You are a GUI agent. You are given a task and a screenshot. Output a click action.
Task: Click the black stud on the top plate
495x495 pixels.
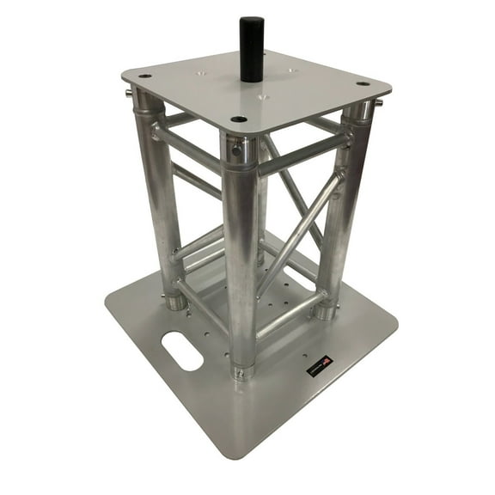click(x=251, y=49)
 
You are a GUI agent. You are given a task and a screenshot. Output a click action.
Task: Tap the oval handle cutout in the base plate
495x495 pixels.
click(x=182, y=352)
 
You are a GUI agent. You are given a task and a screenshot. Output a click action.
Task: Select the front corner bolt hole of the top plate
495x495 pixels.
click(x=239, y=119)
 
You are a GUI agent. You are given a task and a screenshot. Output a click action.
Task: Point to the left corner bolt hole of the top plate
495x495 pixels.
click(x=144, y=76)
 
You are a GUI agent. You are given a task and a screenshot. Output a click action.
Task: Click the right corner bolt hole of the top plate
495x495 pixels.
click(x=364, y=83)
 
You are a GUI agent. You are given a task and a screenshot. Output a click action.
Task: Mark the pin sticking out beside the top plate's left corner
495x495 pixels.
click(x=128, y=93)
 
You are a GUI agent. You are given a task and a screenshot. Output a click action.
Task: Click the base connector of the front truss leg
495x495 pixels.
click(x=243, y=371)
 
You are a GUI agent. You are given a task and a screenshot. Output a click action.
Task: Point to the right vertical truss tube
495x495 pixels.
click(x=341, y=215)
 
